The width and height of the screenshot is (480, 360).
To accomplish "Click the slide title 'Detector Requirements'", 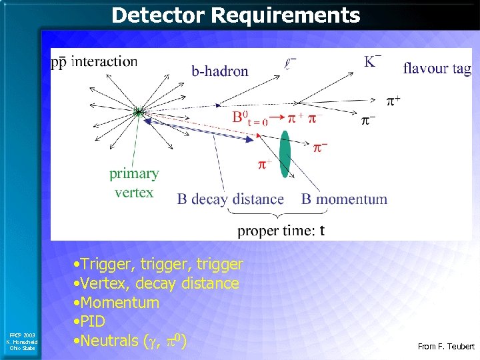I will pyautogui.click(x=236, y=15).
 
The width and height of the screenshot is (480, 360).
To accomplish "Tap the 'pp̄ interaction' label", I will pyautogui.click(x=94, y=62).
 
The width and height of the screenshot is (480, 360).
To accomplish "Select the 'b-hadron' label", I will pyautogui.click(x=220, y=71).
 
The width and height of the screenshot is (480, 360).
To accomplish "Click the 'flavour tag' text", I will pyautogui.click(x=437, y=68).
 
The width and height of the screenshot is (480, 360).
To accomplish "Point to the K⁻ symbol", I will pyautogui.click(x=373, y=61).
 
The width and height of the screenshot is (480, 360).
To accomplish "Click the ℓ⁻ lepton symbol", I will pyautogui.click(x=290, y=65).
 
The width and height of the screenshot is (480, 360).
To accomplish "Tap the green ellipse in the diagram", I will pyautogui.click(x=285, y=154).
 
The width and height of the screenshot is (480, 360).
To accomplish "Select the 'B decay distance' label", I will pyautogui.click(x=230, y=199).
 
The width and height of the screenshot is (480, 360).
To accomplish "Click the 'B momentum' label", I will pyautogui.click(x=344, y=199).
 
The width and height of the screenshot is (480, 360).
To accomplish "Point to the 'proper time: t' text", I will pyautogui.click(x=281, y=231).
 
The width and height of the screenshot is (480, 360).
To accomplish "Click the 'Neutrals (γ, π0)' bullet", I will pyautogui.click(x=130, y=341).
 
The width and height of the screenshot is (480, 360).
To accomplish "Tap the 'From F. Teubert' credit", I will pyautogui.click(x=445, y=347).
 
